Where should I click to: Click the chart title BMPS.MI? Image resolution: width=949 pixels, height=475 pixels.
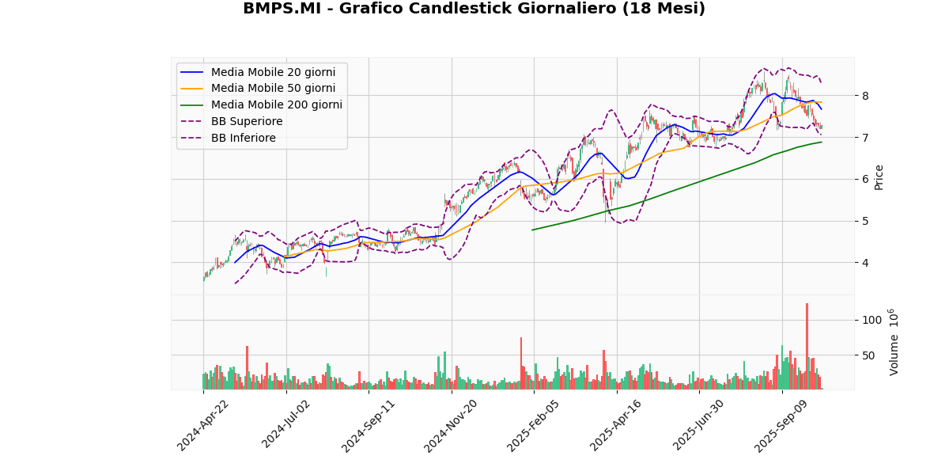pos(474,9)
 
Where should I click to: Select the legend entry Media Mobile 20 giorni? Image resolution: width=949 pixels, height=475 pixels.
pos(273,72)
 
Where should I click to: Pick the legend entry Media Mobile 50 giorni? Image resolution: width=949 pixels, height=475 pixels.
pos(273,89)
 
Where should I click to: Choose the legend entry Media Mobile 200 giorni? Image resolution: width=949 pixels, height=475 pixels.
pos(276,104)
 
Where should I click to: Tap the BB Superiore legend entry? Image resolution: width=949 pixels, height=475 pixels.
pos(246,121)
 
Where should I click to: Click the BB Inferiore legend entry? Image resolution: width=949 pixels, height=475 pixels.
pos(243,138)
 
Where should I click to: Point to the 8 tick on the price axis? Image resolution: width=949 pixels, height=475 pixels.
pos(866,96)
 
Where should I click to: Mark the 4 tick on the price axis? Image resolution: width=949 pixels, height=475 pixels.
pos(866,263)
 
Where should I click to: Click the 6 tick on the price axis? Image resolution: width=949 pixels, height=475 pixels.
pos(866,180)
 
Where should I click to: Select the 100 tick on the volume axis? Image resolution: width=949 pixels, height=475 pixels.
pos(871,320)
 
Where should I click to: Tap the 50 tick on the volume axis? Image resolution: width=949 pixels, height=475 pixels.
pos(868,355)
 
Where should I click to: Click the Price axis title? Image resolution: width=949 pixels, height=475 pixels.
pos(879,177)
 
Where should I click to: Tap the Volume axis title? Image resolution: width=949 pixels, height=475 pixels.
pos(894,342)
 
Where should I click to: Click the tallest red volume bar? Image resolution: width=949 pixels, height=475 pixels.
pos(807,346)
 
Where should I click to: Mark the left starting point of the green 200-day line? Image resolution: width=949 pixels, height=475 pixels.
pos(532,230)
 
